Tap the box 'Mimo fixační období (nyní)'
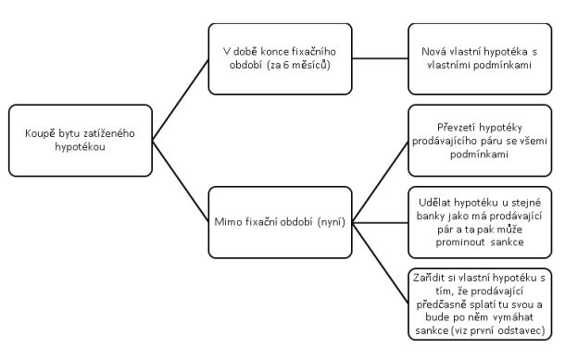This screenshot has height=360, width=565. pos(279,221)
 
